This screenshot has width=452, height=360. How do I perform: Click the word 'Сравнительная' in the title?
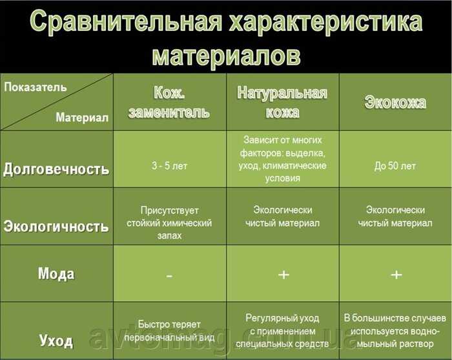point(126,22)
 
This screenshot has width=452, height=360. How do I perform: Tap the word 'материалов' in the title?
point(226,55)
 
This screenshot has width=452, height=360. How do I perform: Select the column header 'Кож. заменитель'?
point(169,102)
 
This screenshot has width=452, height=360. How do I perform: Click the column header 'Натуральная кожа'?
point(282,102)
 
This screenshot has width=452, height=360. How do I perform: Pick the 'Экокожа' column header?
point(395,102)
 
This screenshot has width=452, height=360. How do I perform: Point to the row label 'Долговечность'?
point(56,169)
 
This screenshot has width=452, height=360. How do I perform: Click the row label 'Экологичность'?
point(56,226)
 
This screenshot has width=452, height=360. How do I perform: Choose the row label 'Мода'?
point(56,273)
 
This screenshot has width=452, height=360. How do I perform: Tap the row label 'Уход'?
point(56,341)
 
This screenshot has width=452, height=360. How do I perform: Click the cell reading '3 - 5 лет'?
point(169,166)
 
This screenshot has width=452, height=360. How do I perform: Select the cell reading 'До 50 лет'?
point(395,166)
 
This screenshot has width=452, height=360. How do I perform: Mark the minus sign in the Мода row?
point(169,276)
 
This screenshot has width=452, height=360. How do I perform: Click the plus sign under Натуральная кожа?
point(283,274)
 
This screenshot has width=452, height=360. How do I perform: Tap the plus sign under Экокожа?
point(396,274)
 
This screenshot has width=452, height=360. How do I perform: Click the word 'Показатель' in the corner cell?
point(35,87)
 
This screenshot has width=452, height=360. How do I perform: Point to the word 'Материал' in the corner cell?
point(82,118)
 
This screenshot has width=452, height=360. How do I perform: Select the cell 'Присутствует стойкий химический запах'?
point(169,223)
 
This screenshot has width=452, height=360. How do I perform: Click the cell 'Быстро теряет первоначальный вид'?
point(169,330)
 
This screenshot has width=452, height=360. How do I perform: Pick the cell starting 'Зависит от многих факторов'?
point(283,159)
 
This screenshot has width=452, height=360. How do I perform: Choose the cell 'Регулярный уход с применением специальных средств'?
point(282,330)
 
